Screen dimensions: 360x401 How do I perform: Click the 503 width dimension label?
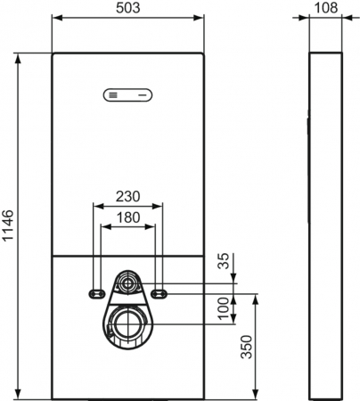[127, 8]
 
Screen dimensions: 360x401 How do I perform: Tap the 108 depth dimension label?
[325, 8]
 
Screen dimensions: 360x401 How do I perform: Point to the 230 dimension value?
[127, 196]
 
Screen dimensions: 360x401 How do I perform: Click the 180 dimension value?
[128, 217]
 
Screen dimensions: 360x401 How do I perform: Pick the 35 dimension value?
[225, 261]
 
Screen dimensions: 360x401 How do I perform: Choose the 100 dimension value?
[225, 308]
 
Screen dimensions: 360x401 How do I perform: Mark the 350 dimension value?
[246, 347]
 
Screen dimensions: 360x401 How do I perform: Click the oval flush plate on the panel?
[128, 95]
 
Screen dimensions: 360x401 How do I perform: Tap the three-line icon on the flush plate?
[113, 95]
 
